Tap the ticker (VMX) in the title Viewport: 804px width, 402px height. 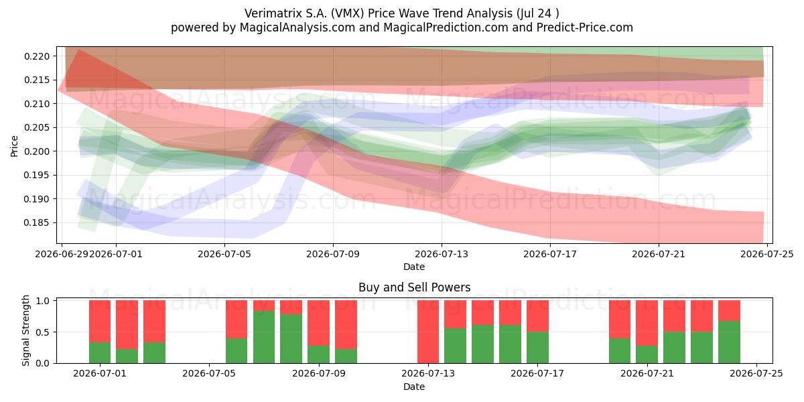pyautogui.click(x=347, y=13)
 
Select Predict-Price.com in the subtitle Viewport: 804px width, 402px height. pyautogui.click(x=585, y=27)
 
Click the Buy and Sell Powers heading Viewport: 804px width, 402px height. pyautogui.click(x=414, y=287)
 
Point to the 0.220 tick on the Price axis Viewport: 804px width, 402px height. pyautogui.click(x=37, y=56)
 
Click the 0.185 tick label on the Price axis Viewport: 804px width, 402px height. pyautogui.click(x=37, y=223)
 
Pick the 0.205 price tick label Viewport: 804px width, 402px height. pyautogui.click(x=37, y=128)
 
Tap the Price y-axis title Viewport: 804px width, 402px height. pyautogui.click(x=14, y=146)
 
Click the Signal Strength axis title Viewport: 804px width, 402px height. pyautogui.click(x=25, y=330)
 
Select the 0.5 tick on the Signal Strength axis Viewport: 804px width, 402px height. pyautogui.click(x=44, y=332)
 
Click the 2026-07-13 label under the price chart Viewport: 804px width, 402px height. pyautogui.click(x=442, y=254)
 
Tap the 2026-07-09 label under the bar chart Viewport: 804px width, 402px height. pyautogui.click(x=319, y=374)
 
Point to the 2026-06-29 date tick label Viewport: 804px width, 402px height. pyautogui.click(x=62, y=254)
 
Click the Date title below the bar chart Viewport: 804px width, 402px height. pyautogui.click(x=414, y=387)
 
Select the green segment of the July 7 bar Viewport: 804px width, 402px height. pyautogui.click(x=264, y=337)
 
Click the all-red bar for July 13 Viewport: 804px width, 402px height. pyautogui.click(x=428, y=332)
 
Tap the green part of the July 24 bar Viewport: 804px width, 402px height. pyautogui.click(x=729, y=342)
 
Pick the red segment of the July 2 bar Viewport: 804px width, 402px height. pyautogui.click(x=127, y=324)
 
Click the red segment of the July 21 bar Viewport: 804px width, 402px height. pyautogui.click(x=647, y=323)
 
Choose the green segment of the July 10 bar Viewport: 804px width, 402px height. pyautogui.click(x=346, y=356)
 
